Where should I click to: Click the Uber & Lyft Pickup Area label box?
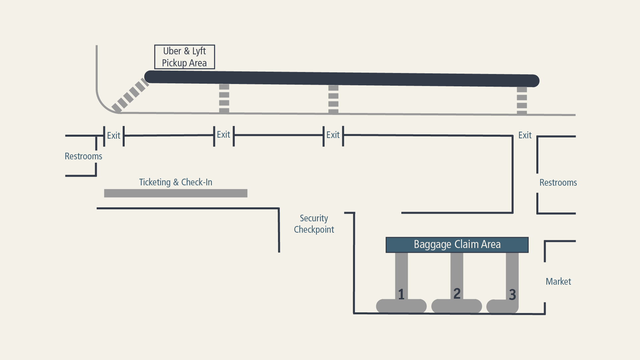pos(184,57)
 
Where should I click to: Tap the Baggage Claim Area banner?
pos(457,245)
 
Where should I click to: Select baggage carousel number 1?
pos(401,293)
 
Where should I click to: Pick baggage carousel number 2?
pos(457,293)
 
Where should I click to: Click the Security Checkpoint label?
pos(314,224)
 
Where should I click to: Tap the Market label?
pos(558,282)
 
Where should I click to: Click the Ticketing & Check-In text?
pos(176,182)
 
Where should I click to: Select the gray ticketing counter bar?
pos(176,193)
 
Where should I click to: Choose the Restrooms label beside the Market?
pos(558,183)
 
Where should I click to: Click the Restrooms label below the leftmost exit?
pos(83,156)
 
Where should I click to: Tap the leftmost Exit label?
pos(114,136)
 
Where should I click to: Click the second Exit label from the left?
pos(223,135)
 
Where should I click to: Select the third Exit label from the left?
pos(333,135)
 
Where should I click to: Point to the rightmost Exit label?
pos(525,135)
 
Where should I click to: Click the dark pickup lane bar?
pos(342,79)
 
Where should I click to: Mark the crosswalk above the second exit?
pos(224,99)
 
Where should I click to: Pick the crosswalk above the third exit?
pos(333,99)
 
